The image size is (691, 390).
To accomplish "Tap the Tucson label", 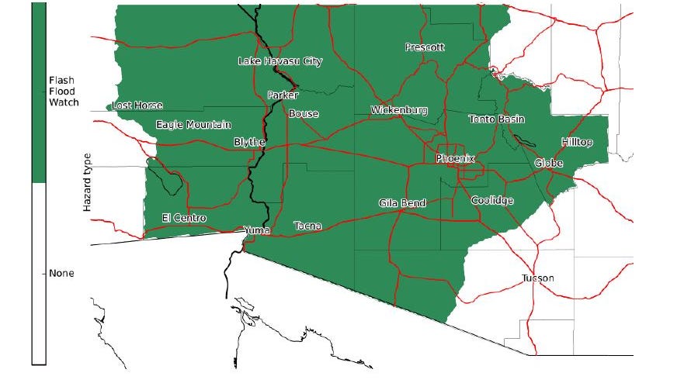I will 539,278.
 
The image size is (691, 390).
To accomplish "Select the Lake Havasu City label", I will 280,61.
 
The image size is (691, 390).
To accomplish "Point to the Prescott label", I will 425,47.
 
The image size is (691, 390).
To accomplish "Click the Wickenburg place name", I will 399,110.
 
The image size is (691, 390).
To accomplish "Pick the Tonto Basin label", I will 497,119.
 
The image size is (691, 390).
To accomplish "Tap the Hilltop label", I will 577,143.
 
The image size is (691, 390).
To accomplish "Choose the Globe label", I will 548,164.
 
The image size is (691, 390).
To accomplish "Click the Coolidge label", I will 492,201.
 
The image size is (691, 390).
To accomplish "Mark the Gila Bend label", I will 402,203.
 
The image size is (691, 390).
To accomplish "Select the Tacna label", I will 307,226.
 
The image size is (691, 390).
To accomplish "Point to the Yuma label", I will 256,230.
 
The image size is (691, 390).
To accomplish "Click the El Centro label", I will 184,219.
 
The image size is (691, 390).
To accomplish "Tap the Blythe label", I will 249,143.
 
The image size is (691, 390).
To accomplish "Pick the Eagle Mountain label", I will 193,125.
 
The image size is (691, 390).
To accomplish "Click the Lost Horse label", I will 137,105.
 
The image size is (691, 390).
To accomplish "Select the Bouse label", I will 303,114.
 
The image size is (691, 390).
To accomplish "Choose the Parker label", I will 283,95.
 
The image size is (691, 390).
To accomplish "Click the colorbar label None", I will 61,274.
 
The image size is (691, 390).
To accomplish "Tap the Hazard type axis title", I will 88,182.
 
